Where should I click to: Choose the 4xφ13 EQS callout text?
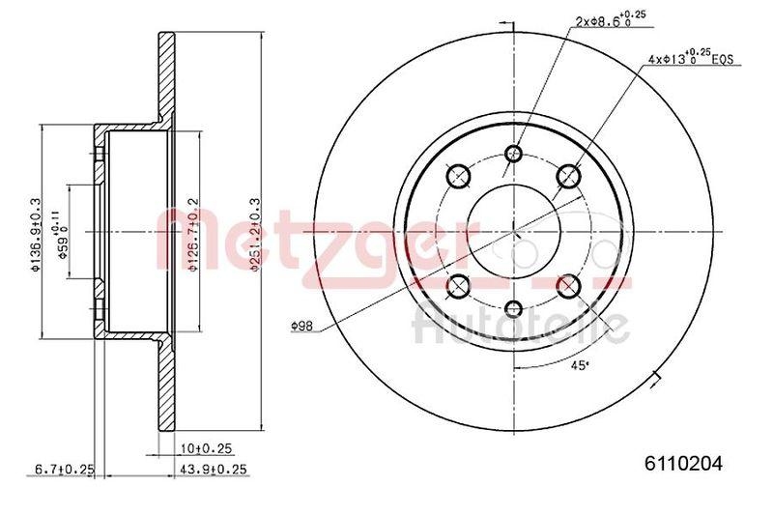692,60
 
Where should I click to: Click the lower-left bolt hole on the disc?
460,285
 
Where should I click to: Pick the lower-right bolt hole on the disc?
569,285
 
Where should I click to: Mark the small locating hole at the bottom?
514,308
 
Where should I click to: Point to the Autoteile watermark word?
522,324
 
